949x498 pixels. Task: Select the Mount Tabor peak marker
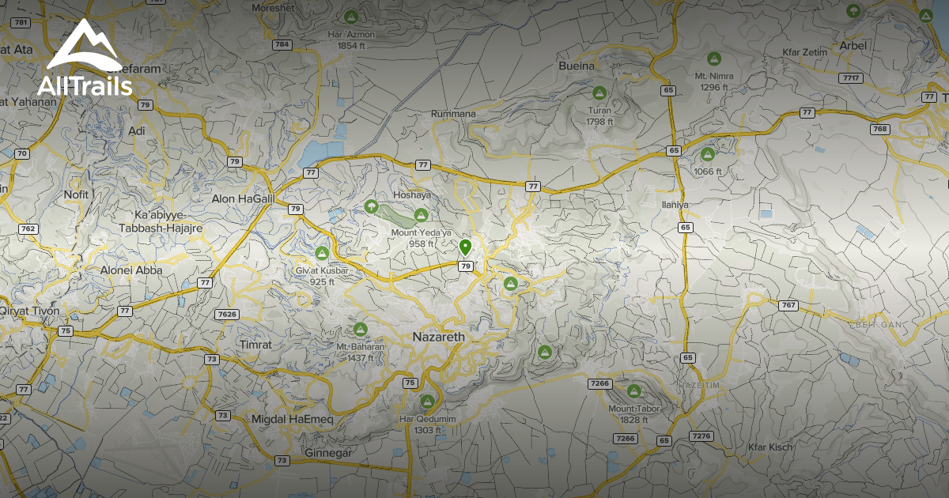coord(633,390)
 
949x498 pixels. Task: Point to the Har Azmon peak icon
coord(351,16)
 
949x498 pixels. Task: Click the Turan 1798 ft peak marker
coord(599,92)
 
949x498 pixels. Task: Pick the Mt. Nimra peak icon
coord(714,58)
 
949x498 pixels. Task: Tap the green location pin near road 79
coord(465,247)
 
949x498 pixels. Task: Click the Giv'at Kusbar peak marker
coord(322,254)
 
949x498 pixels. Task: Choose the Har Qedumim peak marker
coord(428,401)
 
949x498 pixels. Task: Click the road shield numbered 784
coord(282,45)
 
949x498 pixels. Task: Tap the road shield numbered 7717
coord(851,77)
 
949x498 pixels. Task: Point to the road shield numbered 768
coord(879,129)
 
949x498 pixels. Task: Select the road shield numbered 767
coord(788,305)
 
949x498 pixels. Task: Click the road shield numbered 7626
coord(226,314)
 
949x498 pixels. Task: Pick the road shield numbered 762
coord(28,229)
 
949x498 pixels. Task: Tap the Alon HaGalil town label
coord(241,199)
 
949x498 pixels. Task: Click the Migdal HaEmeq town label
coord(292,418)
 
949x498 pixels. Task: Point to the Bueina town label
coord(576,66)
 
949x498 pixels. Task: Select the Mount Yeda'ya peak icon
coord(421,215)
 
